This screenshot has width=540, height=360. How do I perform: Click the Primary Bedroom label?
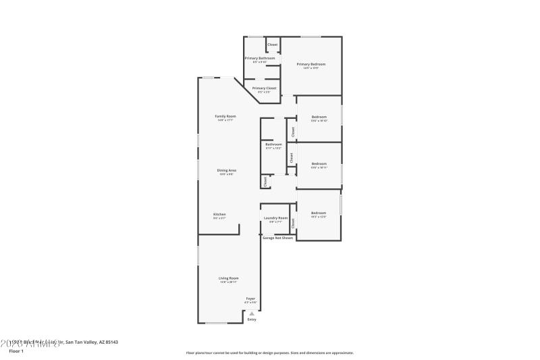click(x=310, y=64)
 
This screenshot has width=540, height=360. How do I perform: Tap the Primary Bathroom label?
click(x=259, y=58)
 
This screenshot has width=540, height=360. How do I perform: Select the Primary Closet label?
click(x=264, y=88)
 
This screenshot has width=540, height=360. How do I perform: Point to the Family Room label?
click(x=225, y=116)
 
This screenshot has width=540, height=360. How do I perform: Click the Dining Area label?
click(x=226, y=170)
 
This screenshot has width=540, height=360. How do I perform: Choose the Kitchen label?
click(x=219, y=214)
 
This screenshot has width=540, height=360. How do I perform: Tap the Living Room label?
click(x=228, y=278)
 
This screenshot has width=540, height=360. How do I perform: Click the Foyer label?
click(x=250, y=299)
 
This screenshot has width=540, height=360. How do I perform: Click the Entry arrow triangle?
click(x=252, y=313)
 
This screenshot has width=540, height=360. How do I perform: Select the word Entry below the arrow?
click(x=252, y=319)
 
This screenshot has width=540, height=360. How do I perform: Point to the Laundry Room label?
click(x=275, y=218)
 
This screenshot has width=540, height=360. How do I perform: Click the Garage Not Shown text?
click(x=277, y=238)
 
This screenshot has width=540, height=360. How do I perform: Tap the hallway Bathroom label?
click(x=273, y=144)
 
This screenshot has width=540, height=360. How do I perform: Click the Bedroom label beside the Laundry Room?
click(x=319, y=213)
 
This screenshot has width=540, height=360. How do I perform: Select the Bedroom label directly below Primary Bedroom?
click(x=319, y=118)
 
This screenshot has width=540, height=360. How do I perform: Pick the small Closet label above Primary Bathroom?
click(x=273, y=45)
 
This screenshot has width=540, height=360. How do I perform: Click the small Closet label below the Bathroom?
click(x=265, y=181)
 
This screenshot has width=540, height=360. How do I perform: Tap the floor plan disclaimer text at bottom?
click(x=269, y=353)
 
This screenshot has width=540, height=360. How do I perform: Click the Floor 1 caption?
click(x=16, y=351)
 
